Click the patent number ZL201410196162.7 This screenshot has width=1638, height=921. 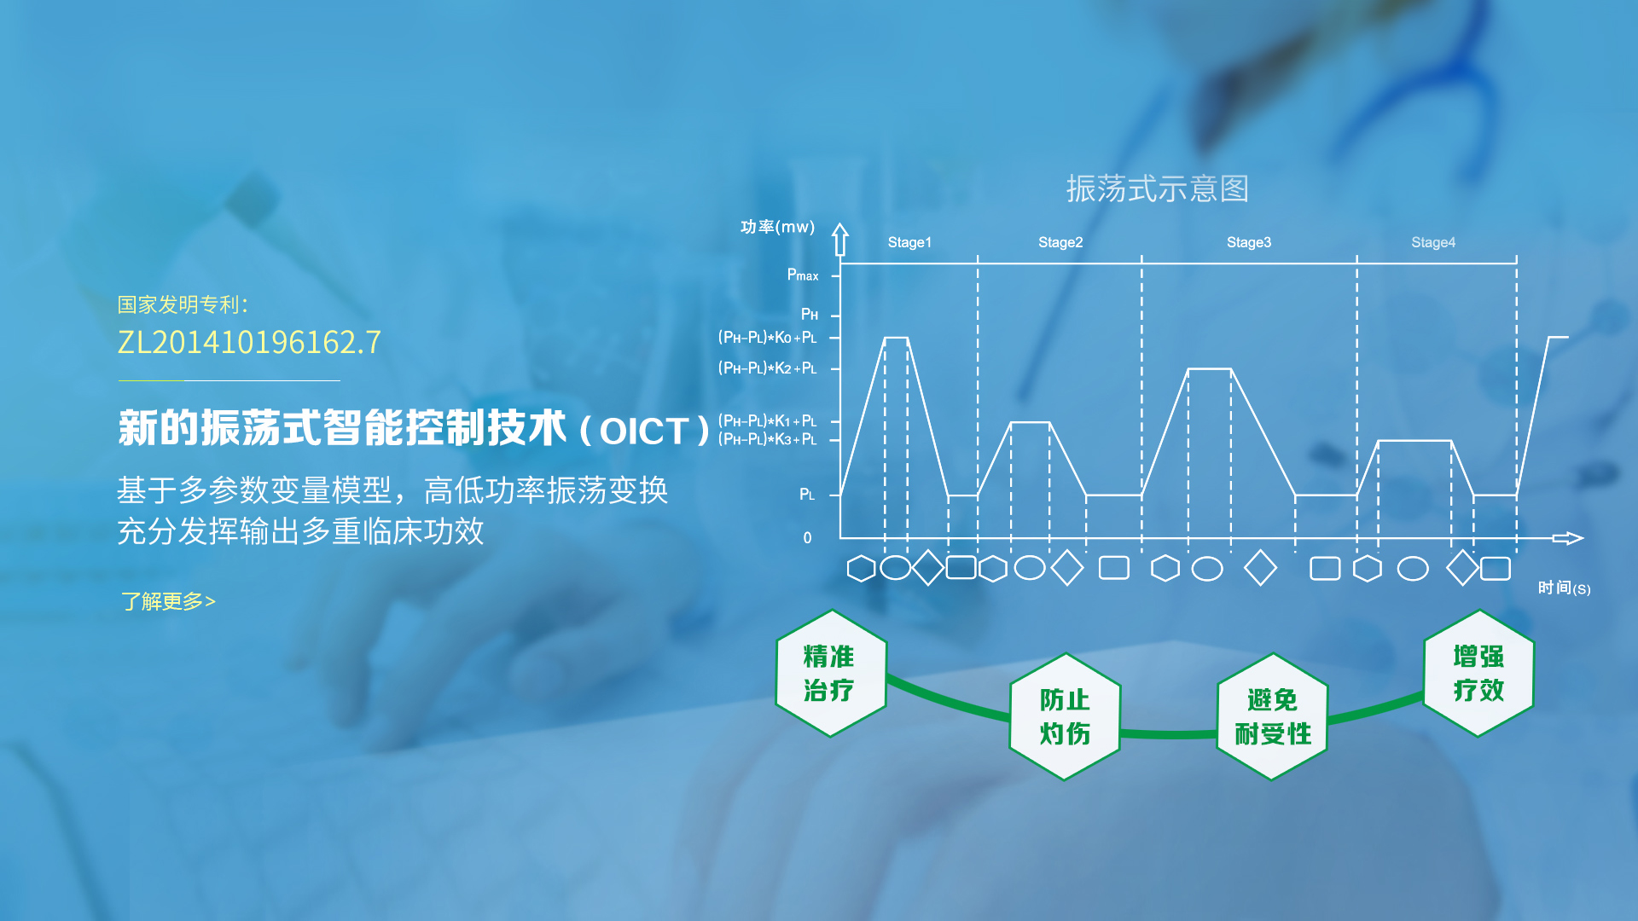pos(249,343)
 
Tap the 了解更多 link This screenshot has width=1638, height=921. pos(168,602)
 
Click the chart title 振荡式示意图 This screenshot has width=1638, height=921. pos(1157,189)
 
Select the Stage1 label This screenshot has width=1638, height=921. pos(909,242)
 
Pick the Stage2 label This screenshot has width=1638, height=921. pos(1060,242)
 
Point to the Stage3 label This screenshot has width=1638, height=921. pos(1249,242)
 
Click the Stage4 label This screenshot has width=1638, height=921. pos(1433,242)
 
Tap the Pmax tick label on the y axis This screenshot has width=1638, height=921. pos(803,275)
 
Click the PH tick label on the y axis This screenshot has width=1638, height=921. pos(810,315)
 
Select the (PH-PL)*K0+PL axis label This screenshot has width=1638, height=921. pos(768,338)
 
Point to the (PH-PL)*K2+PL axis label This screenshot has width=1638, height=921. pos(768,368)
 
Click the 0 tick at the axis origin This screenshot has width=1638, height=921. pos(807,538)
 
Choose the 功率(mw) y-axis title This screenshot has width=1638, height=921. pos(777,227)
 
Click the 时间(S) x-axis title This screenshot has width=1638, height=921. pos(1564,588)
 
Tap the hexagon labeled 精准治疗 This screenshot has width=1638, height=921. pos(831,673)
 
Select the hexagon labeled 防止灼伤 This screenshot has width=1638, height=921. pos(1065,716)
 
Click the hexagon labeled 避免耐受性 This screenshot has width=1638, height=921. pos(1272,716)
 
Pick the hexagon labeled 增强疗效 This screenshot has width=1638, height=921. pos(1478,673)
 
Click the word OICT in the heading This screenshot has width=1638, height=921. pos(644,432)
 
